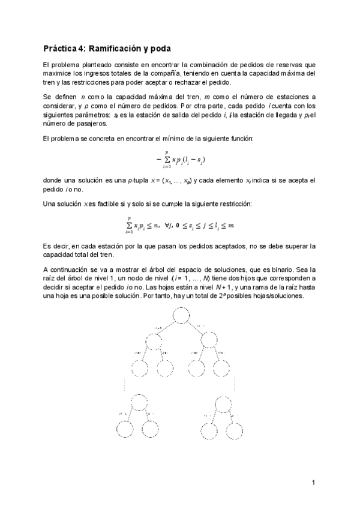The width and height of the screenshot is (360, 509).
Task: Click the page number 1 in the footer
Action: pos(313,483)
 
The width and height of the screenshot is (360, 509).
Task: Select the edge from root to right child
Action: pos(196,327)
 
